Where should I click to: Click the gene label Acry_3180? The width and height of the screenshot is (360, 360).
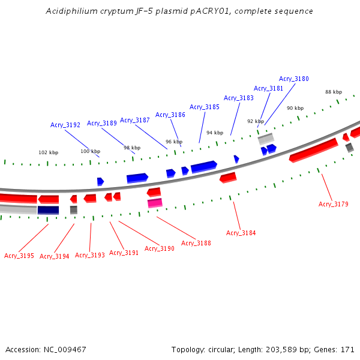coord(294,79)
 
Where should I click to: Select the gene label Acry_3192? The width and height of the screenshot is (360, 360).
coord(65,125)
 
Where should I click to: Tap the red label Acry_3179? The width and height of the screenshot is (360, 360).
coord(334,204)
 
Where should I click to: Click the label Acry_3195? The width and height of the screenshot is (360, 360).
coord(19,256)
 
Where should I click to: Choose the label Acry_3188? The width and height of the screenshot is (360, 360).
coord(196,243)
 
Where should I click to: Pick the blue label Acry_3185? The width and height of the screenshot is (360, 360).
coord(205,107)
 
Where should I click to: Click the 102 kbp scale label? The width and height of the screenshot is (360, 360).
coord(49,152)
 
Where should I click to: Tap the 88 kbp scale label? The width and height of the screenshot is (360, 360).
coord(334,92)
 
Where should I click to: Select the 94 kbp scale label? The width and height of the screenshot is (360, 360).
coord(215,133)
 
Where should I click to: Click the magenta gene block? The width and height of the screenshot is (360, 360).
coord(155,203)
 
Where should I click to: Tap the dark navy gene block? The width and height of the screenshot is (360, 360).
coord(48,210)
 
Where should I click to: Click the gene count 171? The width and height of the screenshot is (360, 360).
coord(348,349)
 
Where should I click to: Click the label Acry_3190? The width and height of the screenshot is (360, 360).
coord(160,248)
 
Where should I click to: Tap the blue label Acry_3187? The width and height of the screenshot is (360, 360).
coord(135,120)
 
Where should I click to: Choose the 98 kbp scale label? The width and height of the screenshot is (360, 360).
coord(132,148)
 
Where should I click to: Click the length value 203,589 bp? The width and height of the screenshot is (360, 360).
coord(290,349)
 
